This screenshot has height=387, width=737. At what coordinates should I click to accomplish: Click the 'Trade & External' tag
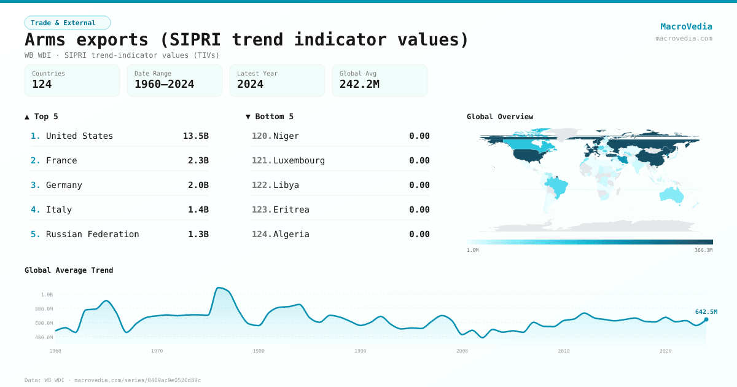point(67,23)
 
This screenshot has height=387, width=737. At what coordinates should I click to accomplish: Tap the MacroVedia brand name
point(686,26)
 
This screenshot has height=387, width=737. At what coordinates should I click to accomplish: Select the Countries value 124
point(42,84)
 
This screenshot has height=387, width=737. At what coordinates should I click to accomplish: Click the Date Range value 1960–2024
point(164,84)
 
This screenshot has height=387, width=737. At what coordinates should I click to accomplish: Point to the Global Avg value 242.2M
point(359,84)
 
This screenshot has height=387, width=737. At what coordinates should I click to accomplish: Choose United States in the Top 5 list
point(79,136)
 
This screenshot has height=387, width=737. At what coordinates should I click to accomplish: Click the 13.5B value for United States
point(195,136)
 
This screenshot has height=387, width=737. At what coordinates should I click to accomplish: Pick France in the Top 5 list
point(61,160)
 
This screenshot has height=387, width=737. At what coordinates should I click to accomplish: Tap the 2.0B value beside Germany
point(198,185)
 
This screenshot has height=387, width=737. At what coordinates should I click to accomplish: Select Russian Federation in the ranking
point(92,234)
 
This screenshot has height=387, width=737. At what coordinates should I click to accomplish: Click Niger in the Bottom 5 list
point(286,136)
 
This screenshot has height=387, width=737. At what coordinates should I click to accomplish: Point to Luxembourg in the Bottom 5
point(299,160)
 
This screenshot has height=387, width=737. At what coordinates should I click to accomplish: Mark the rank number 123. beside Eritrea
point(262,209)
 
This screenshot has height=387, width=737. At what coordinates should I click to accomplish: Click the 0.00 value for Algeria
point(419,234)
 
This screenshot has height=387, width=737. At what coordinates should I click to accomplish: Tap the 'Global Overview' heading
point(500,117)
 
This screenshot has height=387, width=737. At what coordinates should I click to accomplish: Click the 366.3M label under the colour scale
point(703,250)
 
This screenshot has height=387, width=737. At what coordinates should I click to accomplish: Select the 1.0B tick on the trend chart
point(47,294)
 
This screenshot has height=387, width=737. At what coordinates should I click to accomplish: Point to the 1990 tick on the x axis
point(361,351)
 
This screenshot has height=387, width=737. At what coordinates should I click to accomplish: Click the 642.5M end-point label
point(706,312)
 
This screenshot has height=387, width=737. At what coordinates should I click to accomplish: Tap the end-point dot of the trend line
point(706,319)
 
